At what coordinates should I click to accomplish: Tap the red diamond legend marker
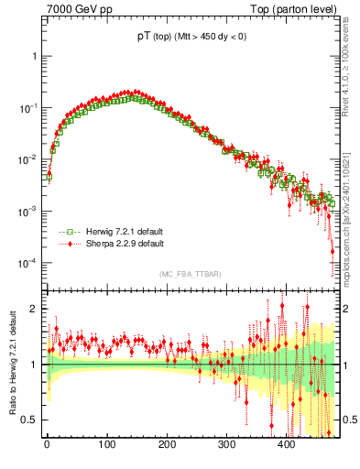61,245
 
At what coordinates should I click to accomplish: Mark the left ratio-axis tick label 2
34,309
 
